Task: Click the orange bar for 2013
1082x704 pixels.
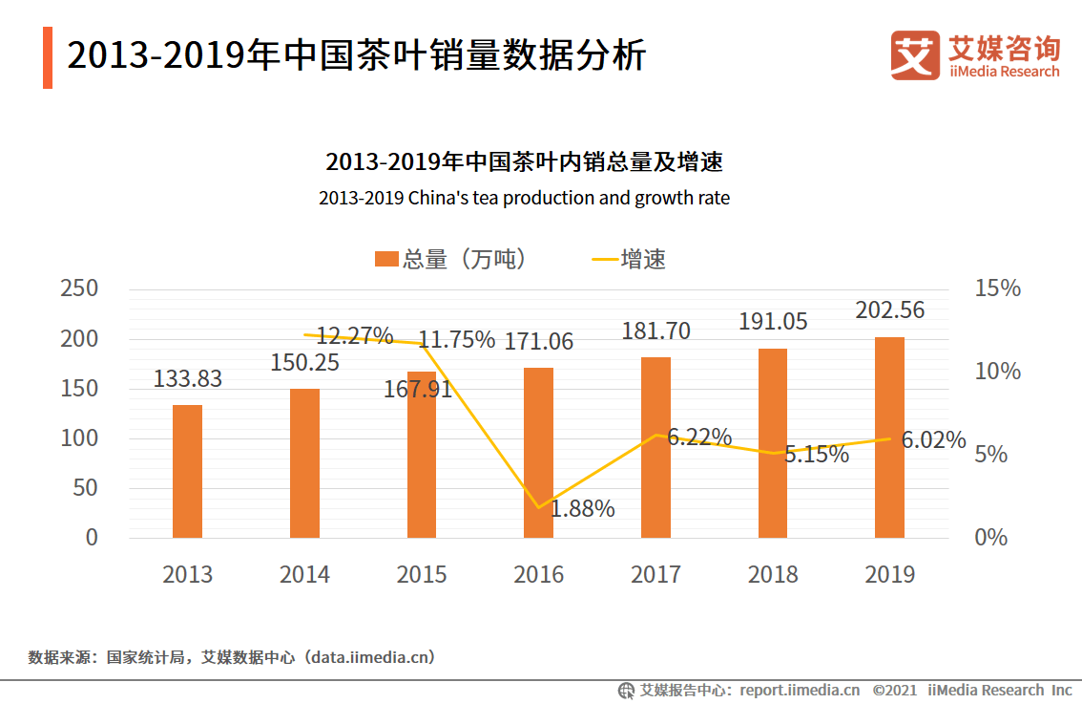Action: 187,471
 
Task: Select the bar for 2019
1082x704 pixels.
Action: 889,437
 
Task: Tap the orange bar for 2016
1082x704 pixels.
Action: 538,453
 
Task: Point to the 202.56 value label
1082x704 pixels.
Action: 889,310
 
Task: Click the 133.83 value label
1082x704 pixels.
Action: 187,378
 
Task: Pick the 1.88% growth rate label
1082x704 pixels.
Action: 582,509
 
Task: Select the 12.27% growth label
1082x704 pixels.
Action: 355,336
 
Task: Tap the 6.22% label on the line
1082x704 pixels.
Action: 699,437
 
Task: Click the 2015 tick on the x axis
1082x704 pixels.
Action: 422,574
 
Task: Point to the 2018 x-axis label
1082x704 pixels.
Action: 773,574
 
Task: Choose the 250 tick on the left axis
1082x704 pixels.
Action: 79,288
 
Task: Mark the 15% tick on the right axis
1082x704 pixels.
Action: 997,288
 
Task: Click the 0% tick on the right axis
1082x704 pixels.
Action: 991,537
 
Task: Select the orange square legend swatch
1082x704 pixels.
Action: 386,259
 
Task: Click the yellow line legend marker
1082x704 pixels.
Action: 605,260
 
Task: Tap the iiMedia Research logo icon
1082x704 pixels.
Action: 915,55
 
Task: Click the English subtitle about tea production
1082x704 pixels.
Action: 524,199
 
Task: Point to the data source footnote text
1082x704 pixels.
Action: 232,657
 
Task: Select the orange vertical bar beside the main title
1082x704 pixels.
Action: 48,58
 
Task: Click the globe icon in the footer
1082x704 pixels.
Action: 626,691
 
